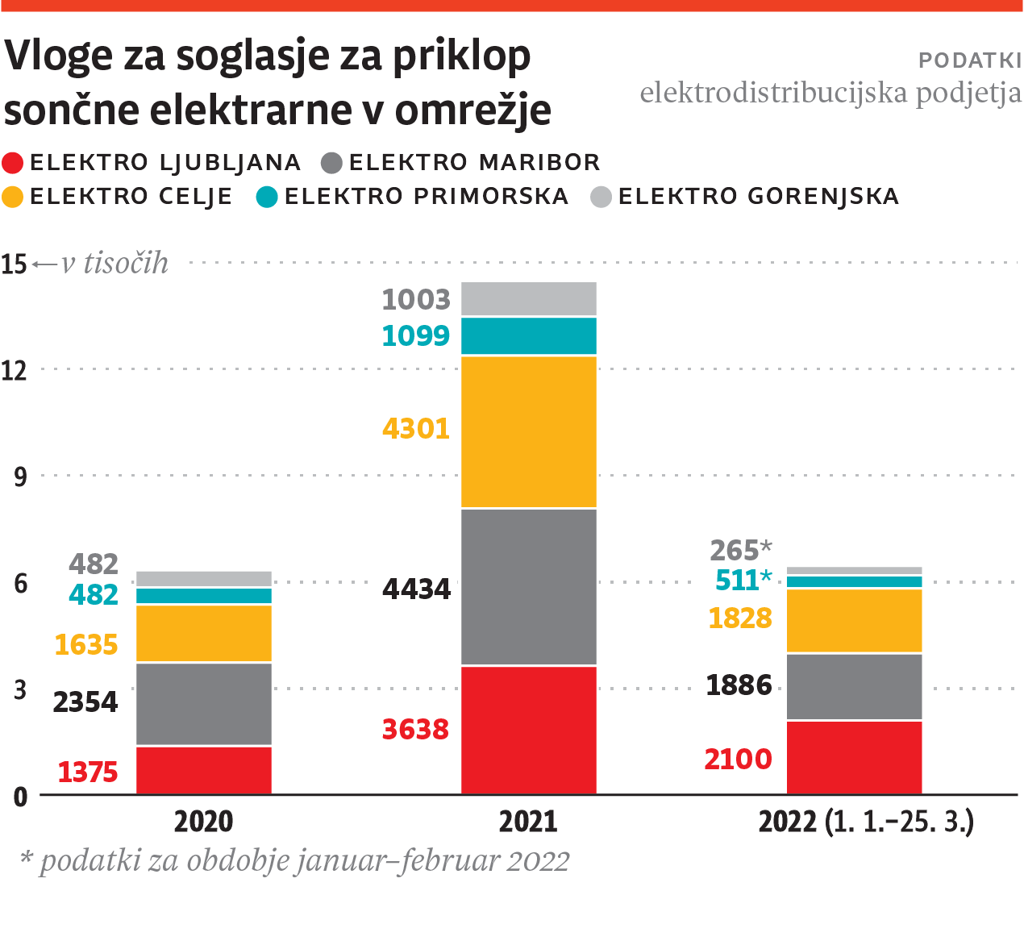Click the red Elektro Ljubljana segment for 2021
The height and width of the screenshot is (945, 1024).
click(528, 730)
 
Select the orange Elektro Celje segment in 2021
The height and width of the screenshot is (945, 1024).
click(528, 431)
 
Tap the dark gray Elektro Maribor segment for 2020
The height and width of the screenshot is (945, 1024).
click(203, 704)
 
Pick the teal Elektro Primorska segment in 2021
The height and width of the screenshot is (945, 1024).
click(528, 335)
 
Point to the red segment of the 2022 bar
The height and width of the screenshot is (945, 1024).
click(854, 757)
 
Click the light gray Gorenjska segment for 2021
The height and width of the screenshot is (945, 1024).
click(528, 298)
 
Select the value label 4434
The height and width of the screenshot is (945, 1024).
click(416, 589)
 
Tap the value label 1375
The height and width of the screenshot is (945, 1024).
click(87, 772)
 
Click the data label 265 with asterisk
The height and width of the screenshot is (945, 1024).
click(740, 550)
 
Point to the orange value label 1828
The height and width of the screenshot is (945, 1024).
click(739, 618)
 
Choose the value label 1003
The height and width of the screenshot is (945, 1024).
click(415, 299)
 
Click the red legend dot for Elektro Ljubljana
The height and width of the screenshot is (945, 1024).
click(13, 163)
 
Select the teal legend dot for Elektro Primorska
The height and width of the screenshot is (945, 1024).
click(267, 197)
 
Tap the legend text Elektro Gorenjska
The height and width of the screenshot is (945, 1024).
click(758, 197)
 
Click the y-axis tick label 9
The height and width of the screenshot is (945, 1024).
click(20, 477)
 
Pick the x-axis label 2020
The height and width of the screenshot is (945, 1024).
click(203, 822)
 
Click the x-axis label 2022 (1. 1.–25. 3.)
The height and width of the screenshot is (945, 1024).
click(866, 822)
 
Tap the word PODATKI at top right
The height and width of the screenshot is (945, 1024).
click(969, 60)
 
